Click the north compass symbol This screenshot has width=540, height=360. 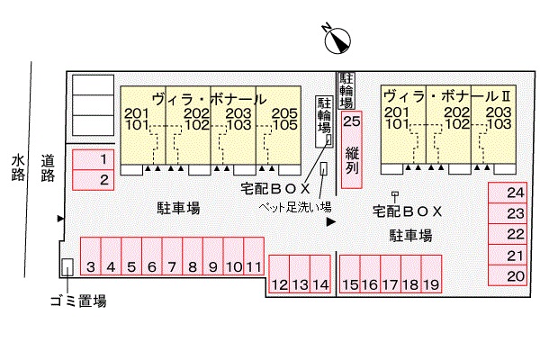pyautogui.click(x=337, y=41)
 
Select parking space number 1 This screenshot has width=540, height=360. pyautogui.click(x=93, y=160)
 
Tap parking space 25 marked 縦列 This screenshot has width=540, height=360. pyautogui.click(x=352, y=149)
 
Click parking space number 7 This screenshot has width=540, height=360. pyautogui.click(x=172, y=256)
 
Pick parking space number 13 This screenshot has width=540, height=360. pyautogui.click(x=300, y=274)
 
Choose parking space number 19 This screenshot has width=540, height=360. pyautogui.click(x=431, y=274)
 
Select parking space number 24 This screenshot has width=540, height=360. pyautogui.click(x=508, y=193)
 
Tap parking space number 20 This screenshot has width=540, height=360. pyautogui.click(x=508, y=275)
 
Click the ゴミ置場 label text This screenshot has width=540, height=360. pyautogui.click(x=78, y=301)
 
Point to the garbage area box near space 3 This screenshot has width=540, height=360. pyautogui.click(x=67, y=267)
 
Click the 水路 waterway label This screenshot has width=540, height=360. pyautogui.click(x=18, y=167)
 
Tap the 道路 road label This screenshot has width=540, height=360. pyautogui.click(x=48, y=168)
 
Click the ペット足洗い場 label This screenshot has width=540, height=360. pyautogui.click(x=295, y=207)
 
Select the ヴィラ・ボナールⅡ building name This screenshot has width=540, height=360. pyautogui.click(x=447, y=96)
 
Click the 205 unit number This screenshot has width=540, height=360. pyautogui.click(x=284, y=113)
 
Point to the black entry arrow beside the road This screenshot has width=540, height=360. pyautogui.click(x=60, y=219)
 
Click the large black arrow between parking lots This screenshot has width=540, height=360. pyautogui.click(x=331, y=222)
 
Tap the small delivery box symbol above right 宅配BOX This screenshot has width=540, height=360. pyautogui.click(x=395, y=194)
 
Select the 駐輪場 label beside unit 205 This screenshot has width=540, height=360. pyautogui.click(x=324, y=115)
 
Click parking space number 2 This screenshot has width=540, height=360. pyautogui.click(x=93, y=180)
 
